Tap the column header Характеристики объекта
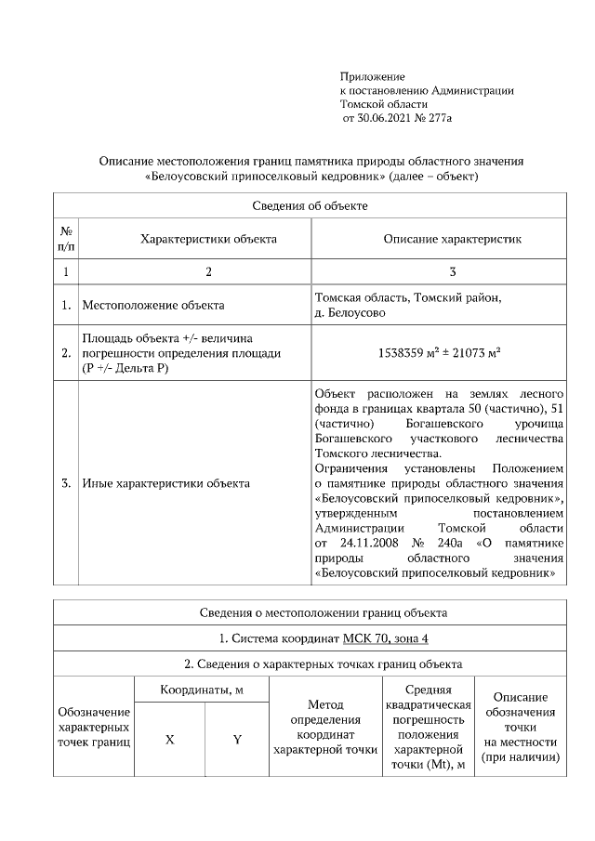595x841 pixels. pos(208,239)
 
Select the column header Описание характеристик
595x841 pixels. pos(453,239)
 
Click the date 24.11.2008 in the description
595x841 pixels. pos(362,542)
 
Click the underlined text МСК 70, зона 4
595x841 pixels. pos(384,638)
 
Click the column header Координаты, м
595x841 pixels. pos(202,691)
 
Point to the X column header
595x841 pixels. pos(169,740)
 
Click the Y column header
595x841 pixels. pos(237,740)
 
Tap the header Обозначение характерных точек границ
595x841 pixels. pos(94,726)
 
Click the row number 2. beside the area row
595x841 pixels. pos(66,353)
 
